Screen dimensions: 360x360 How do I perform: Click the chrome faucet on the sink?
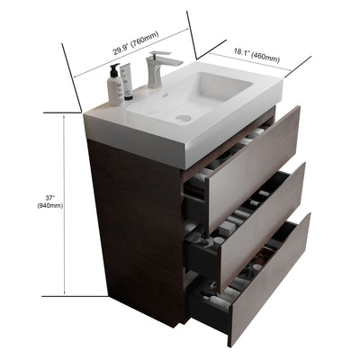(x=155, y=71)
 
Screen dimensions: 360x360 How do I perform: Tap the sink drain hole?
(x=184, y=118)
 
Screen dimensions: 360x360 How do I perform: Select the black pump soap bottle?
(x=115, y=86)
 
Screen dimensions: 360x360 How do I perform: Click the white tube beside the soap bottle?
(x=128, y=85)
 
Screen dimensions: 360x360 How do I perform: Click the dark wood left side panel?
(x=135, y=225)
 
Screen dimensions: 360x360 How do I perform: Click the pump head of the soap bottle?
(x=115, y=67)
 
